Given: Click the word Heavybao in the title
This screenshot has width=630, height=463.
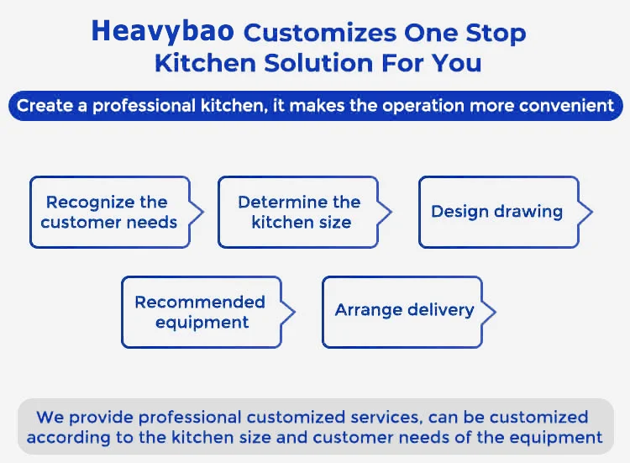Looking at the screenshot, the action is (x=162, y=32).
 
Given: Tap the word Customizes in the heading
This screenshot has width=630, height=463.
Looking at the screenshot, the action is (x=320, y=33).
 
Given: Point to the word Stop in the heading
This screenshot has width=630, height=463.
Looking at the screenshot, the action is (x=496, y=34).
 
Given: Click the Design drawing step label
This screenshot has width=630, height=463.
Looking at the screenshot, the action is (x=496, y=212).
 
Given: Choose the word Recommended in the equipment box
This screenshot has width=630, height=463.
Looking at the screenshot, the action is (x=200, y=302).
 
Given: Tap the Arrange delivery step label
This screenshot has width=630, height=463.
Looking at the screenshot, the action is (x=404, y=310).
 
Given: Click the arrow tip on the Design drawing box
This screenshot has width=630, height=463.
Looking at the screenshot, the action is (x=592, y=212).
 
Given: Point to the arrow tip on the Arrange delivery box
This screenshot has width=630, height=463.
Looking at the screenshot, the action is (x=496, y=312).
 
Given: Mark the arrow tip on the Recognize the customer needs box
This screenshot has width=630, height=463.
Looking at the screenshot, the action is (x=203, y=212).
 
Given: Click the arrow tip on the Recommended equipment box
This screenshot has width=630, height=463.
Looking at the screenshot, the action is (x=295, y=312).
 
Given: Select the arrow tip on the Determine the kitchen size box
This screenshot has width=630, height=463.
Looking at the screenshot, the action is (x=391, y=212).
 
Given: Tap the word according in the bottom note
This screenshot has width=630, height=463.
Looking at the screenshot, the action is (x=69, y=438).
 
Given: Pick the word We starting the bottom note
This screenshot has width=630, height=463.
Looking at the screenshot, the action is (x=50, y=417).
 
